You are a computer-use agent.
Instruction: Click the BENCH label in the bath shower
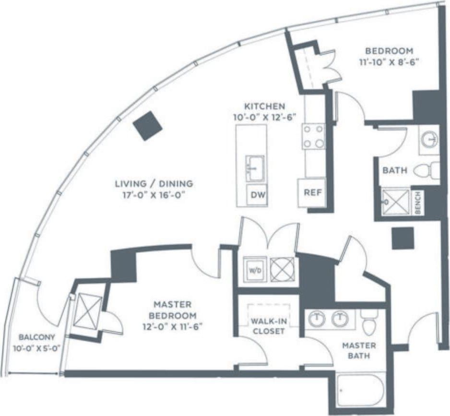418,203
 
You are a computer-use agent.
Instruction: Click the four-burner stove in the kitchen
313,136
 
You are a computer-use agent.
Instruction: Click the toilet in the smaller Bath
425,170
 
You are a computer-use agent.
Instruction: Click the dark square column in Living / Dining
147,125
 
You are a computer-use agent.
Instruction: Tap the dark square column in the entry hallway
402,238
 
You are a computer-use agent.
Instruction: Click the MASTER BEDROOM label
172,310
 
